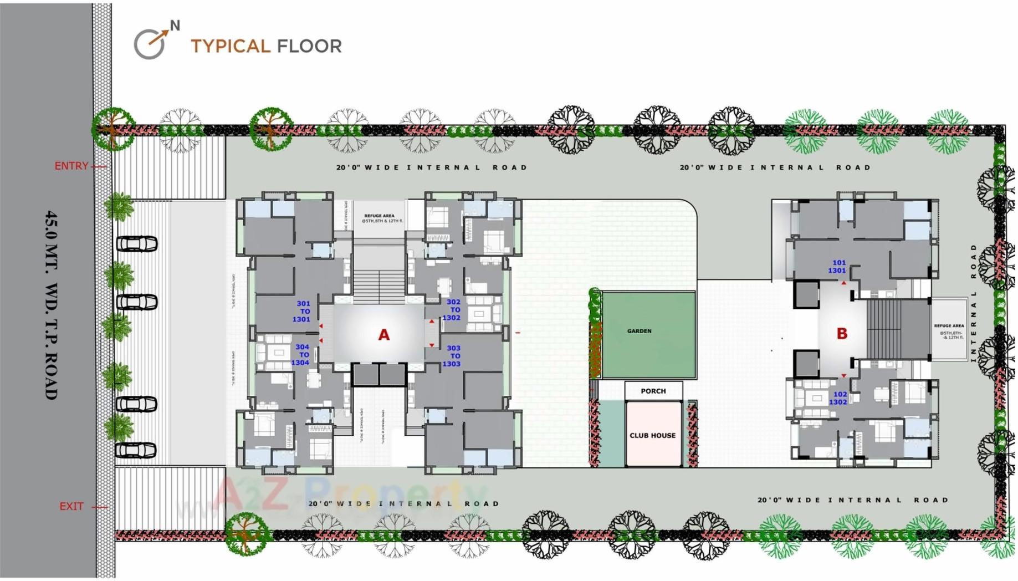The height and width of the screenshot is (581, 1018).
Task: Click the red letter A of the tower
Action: click(x=383, y=335)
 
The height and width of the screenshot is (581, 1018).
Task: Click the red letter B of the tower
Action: click(x=842, y=334)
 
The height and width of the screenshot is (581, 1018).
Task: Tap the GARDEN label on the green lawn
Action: click(x=639, y=331)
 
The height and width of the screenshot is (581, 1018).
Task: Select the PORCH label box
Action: click(x=653, y=391)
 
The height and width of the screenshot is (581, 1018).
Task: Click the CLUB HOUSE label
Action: click(x=652, y=436)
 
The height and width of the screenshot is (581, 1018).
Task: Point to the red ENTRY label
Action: click(x=71, y=166)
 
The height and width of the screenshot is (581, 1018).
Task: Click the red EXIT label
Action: click(x=71, y=506)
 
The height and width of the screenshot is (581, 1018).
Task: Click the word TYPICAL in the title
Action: click(x=230, y=46)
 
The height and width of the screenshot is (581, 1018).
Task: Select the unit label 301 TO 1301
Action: click(x=303, y=312)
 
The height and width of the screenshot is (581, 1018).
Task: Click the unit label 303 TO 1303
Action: click(x=452, y=356)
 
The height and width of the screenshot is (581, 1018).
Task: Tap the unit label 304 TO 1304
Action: click(x=301, y=355)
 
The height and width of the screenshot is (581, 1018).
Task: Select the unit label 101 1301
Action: click(x=837, y=267)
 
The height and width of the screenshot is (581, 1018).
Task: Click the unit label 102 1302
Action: click(x=838, y=398)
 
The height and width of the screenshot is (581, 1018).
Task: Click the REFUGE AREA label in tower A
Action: click(x=380, y=218)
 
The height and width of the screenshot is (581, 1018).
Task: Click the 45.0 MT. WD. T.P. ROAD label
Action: click(x=51, y=305)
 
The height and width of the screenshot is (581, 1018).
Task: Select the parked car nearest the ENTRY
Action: click(x=136, y=244)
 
